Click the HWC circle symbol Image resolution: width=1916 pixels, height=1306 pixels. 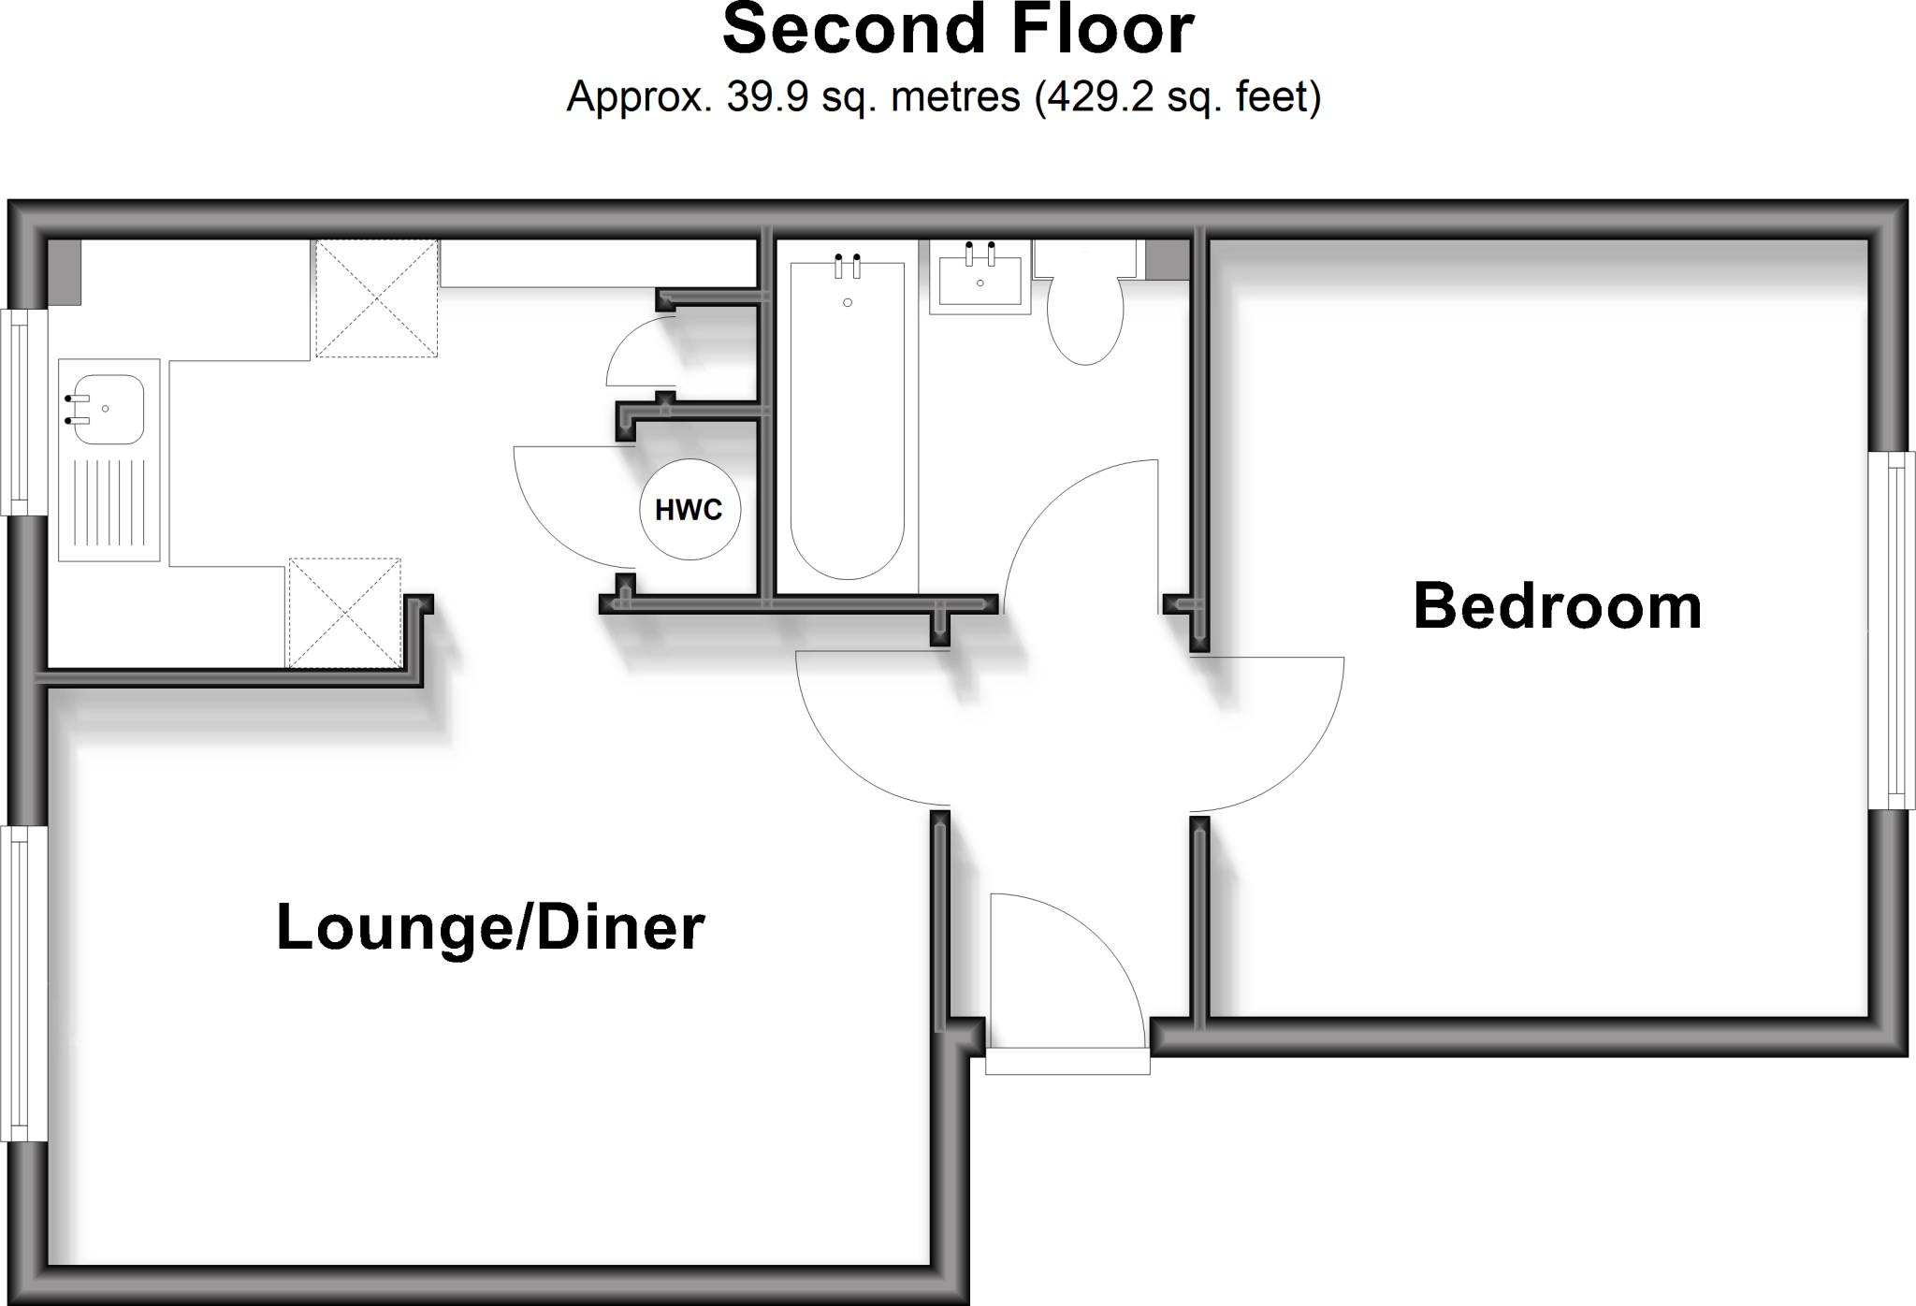click(689, 510)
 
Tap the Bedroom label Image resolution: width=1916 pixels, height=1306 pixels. click(1557, 606)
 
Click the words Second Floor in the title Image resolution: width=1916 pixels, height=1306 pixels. click(958, 30)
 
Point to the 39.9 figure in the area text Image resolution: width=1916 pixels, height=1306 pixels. click(767, 96)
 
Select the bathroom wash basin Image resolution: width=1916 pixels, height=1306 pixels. click(980, 276)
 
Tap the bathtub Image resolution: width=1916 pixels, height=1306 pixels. click(848, 421)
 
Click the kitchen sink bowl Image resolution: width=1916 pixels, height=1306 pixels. click(108, 410)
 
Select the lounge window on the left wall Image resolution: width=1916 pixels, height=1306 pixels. click(22, 983)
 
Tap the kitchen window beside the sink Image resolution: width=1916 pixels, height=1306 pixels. click(22, 412)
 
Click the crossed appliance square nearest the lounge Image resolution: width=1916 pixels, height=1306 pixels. click(344, 613)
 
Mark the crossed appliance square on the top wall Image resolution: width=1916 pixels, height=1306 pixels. click(376, 298)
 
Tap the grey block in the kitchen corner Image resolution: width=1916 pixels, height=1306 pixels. click(65, 271)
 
